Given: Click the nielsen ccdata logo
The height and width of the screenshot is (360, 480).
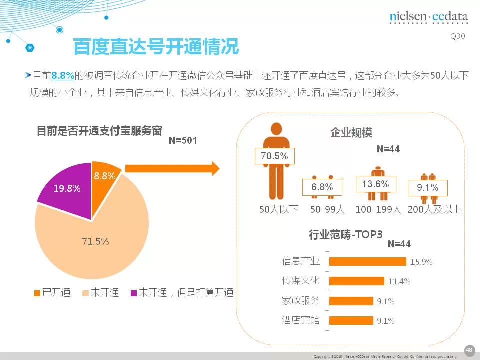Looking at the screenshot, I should click(x=428, y=18).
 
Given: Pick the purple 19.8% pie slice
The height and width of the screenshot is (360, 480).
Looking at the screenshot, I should click(x=67, y=189).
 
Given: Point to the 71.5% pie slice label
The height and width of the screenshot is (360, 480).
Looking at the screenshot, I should click(x=95, y=241).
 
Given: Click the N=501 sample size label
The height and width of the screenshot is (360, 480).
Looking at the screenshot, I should click(x=183, y=141).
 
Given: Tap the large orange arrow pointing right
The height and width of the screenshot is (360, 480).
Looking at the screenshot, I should click(x=172, y=168).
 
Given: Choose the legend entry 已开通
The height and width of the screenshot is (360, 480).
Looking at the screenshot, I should click(x=52, y=293).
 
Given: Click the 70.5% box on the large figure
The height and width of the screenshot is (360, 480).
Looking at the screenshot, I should click(x=274, y=156).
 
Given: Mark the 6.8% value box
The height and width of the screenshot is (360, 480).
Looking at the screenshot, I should click(x=322, y=187).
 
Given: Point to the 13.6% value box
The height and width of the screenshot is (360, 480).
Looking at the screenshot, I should click(x=375, y=184).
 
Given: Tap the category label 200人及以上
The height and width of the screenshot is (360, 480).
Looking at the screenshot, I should click(x=434, y=210).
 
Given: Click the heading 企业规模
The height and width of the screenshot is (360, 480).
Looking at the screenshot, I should click(x=351, y=133).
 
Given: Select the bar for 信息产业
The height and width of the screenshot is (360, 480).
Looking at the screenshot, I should click(x=367, y=261).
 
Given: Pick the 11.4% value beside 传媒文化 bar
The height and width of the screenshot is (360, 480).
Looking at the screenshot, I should click(x=399, y=281).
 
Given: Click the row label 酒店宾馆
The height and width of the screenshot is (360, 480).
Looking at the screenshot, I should click(x=300, y=320).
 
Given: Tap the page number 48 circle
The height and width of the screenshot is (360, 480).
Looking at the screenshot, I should click(x=469, y=349).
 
